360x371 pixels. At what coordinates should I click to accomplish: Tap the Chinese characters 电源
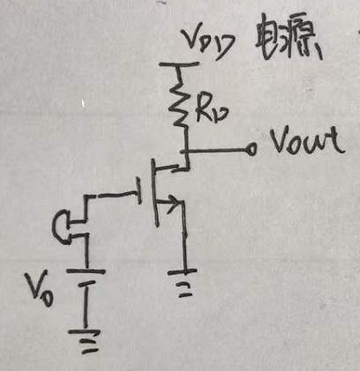pyautogui.click(x=289, y=41)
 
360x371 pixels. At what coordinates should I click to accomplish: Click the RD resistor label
pyautogui.click(x=211, y=111)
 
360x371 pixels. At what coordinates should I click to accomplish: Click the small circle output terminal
pyautogui.click(x=251, y=149)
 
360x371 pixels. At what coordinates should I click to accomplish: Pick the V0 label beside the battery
pyautogui.click(x=40, y=289)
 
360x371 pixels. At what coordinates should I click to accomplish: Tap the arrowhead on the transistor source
pyautogui.click(x=174, y=203)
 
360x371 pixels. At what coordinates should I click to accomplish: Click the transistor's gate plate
pyautogui.click(x=139, y=190)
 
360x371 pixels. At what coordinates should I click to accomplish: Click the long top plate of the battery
pyautogui.click(x=86, y=271)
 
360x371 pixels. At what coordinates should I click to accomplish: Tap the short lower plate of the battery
pyautogui.click(x=86, y=284)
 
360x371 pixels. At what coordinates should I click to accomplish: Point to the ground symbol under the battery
pyautogui.click(x=85, y=341)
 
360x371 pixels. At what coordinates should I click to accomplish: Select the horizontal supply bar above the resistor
pyautogui.click(x=179, y=63)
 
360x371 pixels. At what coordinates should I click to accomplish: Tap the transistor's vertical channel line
pyautogui.click(x=154, y=193)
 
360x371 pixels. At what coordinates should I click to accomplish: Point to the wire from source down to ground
pyautogui.click(x=184, y=236)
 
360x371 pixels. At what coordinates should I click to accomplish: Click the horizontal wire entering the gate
pyautogui.click(x=113, y=195)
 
